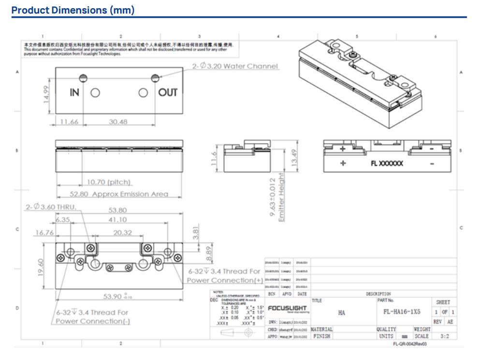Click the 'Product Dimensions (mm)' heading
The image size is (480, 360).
pos(73,10)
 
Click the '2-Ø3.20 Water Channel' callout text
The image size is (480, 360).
pos(235,66)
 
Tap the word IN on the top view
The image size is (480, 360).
pos(74,92)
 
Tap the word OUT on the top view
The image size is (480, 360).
pos(168,92)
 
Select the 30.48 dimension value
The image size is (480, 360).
pos(118,122)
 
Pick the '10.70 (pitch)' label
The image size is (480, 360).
pos(109,182)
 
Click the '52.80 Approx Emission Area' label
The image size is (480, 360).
pos(119,194)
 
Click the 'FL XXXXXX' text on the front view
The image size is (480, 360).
pos(387,164)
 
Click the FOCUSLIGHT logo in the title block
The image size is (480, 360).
pos(287,308)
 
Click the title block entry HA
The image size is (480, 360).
pos(341,313)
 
